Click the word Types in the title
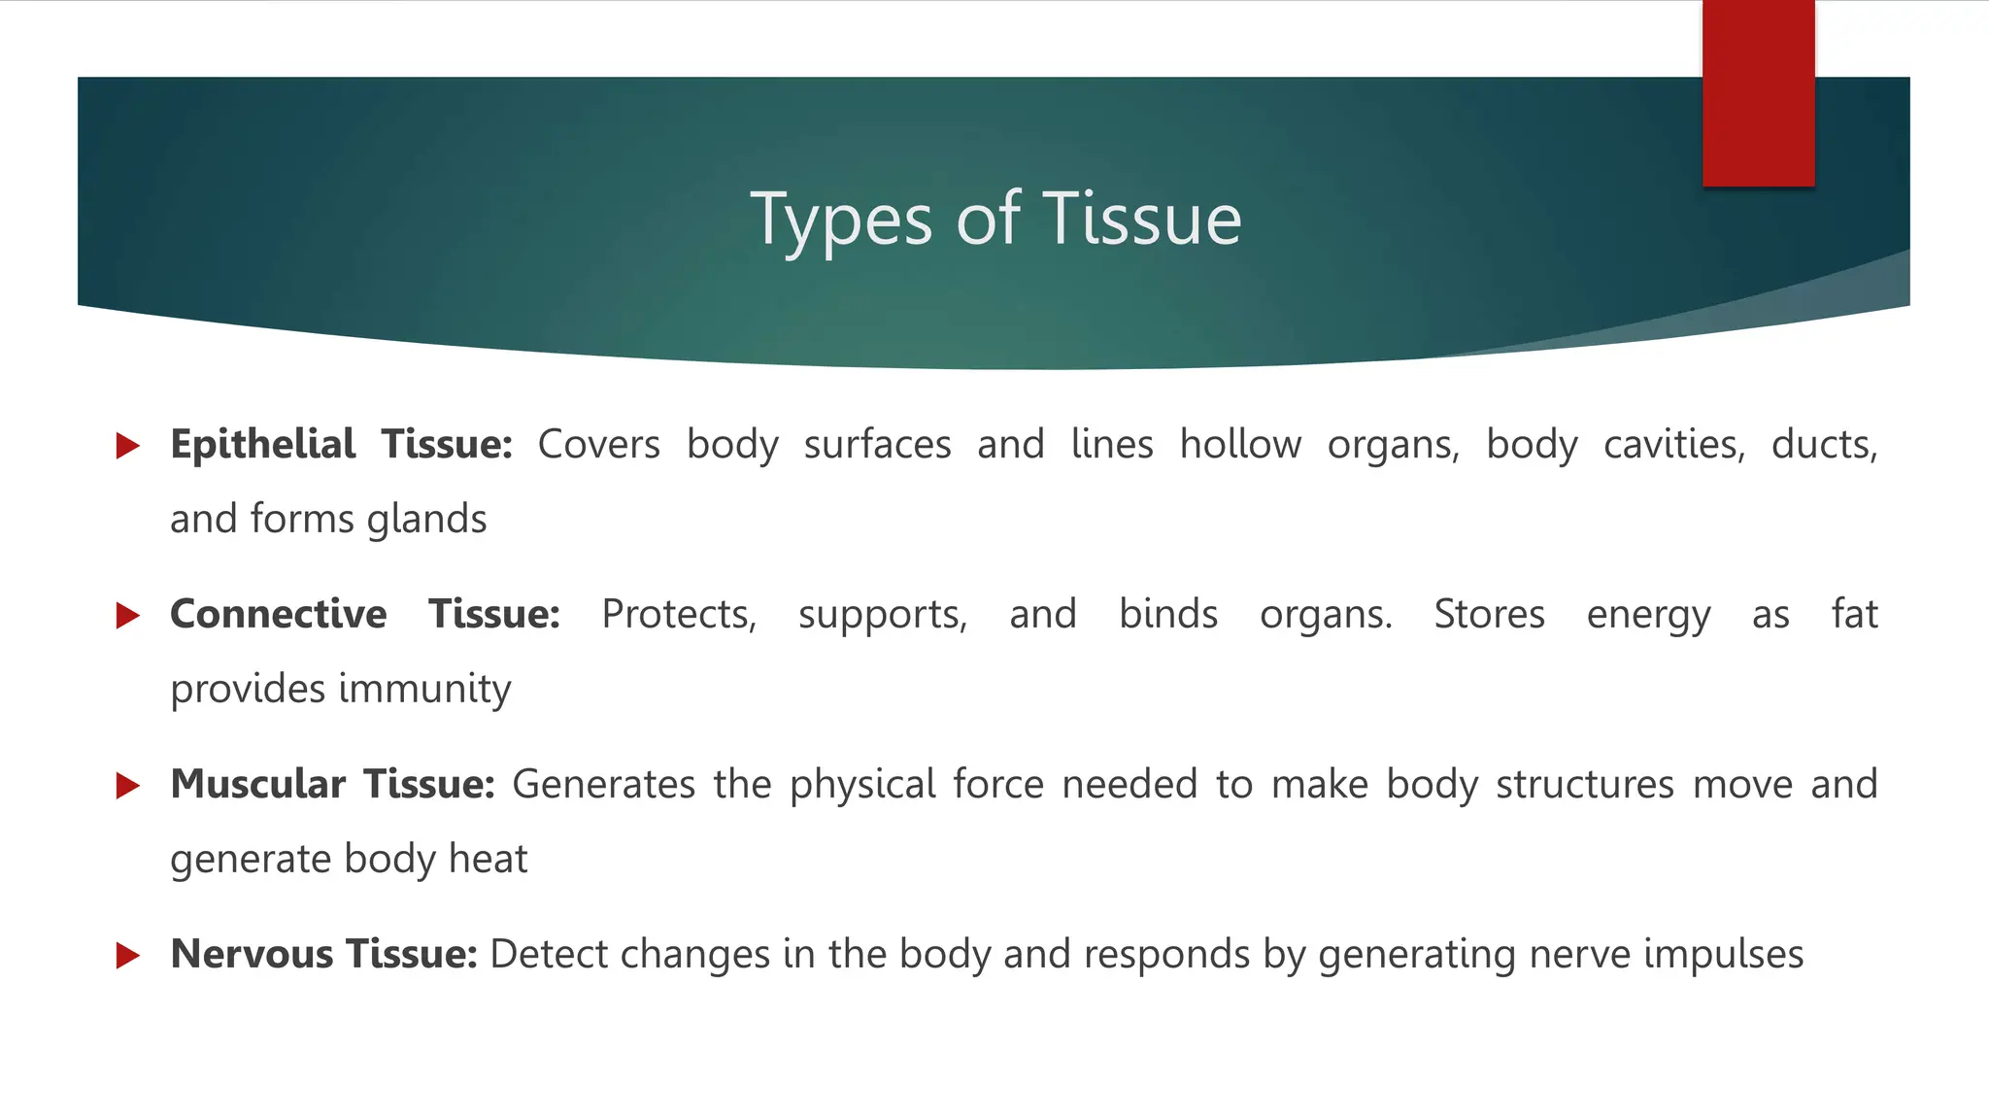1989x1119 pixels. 841,220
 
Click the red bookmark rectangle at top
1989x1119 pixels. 1758,93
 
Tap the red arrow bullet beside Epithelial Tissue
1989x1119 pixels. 127,446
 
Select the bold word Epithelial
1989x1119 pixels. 262,445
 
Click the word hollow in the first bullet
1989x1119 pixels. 1240,445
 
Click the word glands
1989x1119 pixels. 426,520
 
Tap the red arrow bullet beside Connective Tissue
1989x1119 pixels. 127,616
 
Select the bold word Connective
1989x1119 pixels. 278,615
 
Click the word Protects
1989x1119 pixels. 678,615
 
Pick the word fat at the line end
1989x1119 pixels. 1854,615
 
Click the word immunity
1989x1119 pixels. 424,690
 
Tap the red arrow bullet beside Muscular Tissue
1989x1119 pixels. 127,786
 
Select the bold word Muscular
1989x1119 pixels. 257,785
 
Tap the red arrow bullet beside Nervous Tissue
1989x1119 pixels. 127,956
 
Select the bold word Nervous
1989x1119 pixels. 252,955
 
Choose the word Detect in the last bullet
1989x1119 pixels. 548,955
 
